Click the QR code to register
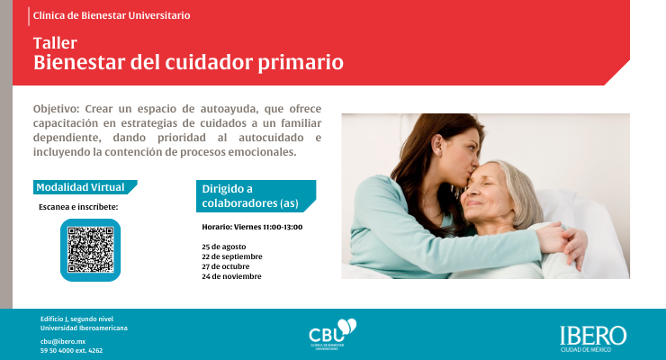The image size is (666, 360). (91, 250)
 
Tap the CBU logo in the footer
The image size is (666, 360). (333, 334)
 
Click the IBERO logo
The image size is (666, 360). (593, 338)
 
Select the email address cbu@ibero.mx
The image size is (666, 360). (63, 341)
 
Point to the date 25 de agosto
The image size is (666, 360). (224, 247)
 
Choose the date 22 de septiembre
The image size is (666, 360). (232, 256)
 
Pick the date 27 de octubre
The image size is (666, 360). (226, 266)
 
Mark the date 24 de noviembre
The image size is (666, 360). (231, 276)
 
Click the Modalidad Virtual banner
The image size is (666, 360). (85, 187)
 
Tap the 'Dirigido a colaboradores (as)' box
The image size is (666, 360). (256, 195)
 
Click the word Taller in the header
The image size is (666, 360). (55, 43)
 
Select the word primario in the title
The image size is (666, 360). (301, 62)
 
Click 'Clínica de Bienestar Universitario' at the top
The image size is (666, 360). (112, 15)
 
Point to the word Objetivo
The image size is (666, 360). (56, 109)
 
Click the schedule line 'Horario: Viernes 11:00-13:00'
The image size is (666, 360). (252, 227)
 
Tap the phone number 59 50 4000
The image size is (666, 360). (57, 351)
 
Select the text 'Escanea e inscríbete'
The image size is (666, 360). (78, 207)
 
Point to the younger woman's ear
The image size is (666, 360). (440, 144)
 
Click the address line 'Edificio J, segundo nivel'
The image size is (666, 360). (76, 319)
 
